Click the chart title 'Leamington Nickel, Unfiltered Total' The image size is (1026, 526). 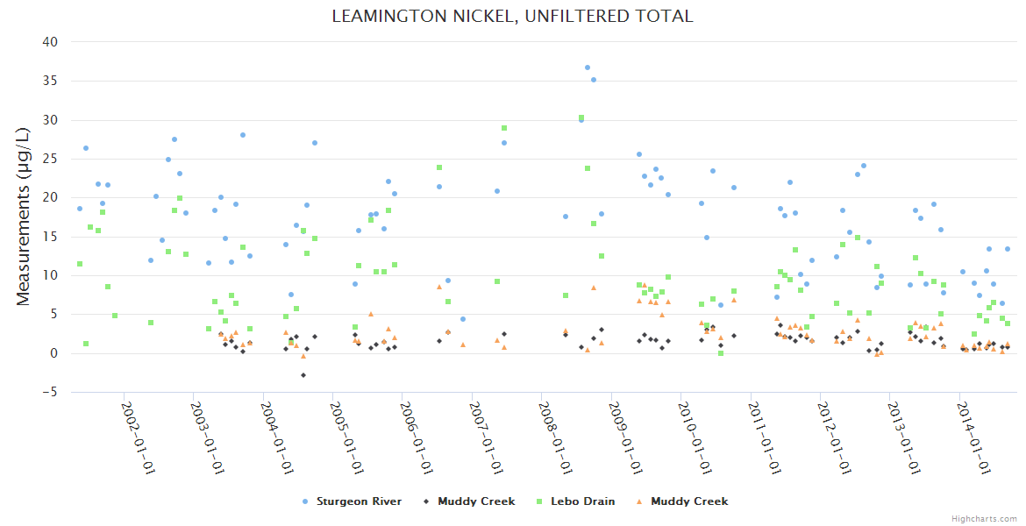click(x=512, y=16)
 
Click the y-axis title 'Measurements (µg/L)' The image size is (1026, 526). click(x=24, y=216)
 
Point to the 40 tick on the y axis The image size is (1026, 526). click(x=50, y=42)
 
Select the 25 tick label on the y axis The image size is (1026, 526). click(x=50, y=159)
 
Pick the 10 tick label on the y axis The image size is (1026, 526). click(x=50, y=275)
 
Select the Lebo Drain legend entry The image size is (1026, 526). click(x=576, y=501)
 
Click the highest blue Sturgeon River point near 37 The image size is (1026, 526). click(x=588, y=68)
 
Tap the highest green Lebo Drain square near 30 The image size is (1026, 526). click(x=581, y=117)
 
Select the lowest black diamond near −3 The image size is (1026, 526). click(x=303, y=375)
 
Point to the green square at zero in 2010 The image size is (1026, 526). click(x=721, y=353)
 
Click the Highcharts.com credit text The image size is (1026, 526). click(x=984, y=518)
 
